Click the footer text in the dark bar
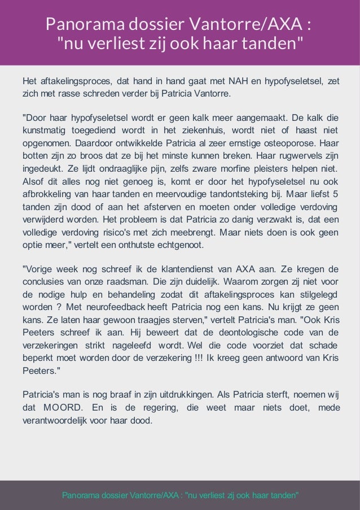point(180,495)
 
